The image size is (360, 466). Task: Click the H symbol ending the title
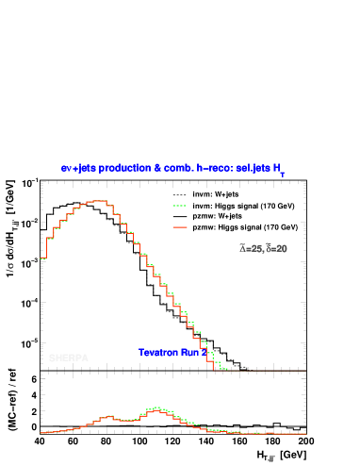pyautogui.click(x=277, y=168)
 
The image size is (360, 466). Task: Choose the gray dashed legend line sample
pyautogui.click(x=179, y=195)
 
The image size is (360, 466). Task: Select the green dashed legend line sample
pyautogui.click(x=179, y=206)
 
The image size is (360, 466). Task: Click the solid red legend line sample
pyautogui.click(x=179, y=227)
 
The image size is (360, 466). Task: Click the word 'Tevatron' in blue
pyautogui.click(x=158, y=353)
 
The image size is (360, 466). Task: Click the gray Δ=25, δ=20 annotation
pyautogui.click(x=264, y=249)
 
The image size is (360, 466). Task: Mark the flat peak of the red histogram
pyautogui.click(x=96, y=201)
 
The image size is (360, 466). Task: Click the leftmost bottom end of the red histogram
pyautogui.click(x=41, y=258)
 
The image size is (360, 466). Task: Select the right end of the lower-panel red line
pyautogui.click(x=305, y=434)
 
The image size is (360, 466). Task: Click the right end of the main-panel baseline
pyautogui.click(x=304, y=371)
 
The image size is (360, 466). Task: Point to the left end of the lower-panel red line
pyautogui.click(x=41, y=434)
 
